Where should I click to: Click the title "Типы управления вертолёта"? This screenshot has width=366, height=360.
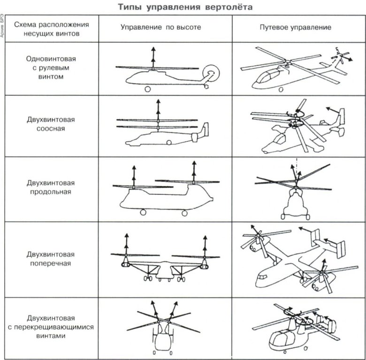(183, 8)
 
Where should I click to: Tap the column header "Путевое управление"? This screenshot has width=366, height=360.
(296, 28)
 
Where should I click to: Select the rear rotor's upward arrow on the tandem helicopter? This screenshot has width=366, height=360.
(194, 170)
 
